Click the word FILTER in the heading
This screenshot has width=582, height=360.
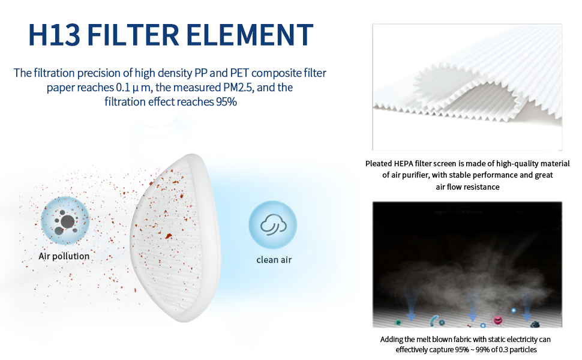[133, 35]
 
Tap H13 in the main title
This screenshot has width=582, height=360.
[54, 35]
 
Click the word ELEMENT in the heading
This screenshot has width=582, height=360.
[250, 35]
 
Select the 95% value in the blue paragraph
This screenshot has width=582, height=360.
[226, 101]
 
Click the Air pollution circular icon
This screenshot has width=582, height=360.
[65, 220]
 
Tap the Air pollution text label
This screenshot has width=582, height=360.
[64, 256]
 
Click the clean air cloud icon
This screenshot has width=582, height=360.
[273, 224]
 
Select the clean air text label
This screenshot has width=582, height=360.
[274, 260]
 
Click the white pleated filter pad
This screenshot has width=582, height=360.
[175, 238]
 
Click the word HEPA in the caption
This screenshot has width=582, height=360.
[403, 164]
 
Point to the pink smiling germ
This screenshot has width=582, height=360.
[497, 320]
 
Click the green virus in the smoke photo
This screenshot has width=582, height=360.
[398, 322]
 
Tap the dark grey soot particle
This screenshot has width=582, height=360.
[535, 325]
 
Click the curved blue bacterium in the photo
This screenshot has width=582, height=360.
[434, 320]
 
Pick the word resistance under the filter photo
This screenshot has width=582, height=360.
[482, 187]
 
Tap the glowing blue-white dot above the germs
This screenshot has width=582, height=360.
[514, 310]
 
